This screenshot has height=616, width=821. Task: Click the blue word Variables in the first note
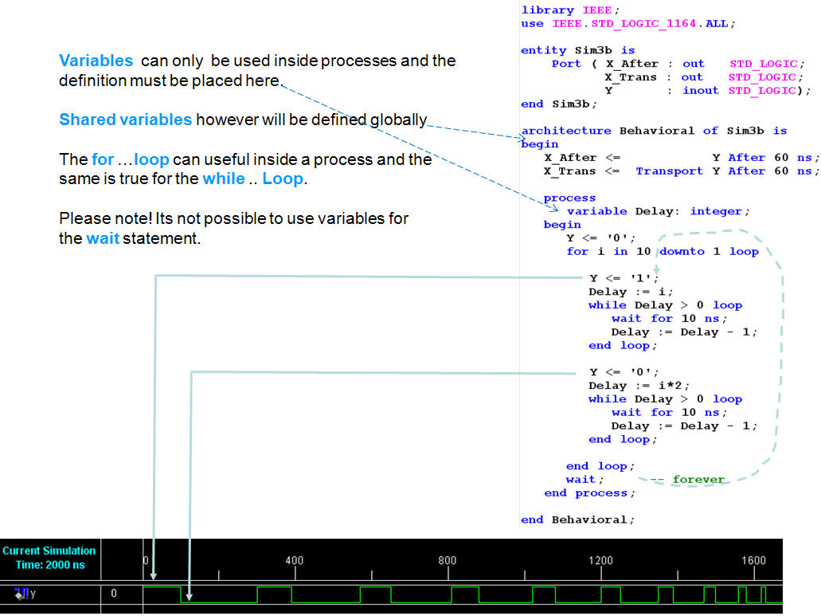click(x=96, y=61)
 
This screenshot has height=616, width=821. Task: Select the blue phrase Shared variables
click(x=126, y=120)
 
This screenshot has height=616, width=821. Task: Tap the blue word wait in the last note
click(x=103, y=238)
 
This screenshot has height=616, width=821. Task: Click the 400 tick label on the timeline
click(x=295, y=560)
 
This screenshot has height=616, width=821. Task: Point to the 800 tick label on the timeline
click(x=448, y=560)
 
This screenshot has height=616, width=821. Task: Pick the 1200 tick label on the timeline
click(x=600, y=560)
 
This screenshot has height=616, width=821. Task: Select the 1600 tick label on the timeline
click(x=753, y=560)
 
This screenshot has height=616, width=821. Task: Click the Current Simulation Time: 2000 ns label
click(x=49, y=558)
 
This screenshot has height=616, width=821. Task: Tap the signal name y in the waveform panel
click(x=33, y=594)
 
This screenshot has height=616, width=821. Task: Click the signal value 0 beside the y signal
click(x=114, y=594)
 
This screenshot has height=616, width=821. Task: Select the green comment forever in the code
click(x=698, y=479)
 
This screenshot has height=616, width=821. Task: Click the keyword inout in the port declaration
click(x=701, y=90)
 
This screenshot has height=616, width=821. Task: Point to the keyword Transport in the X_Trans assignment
click(x=669, y=171)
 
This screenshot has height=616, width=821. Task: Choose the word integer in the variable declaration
click(x=716, y=211)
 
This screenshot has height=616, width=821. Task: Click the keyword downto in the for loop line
click(x=682, y=252)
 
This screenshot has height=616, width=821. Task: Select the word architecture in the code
click(x=566, y=131)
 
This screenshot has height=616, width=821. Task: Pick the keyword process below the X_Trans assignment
click(x=569, y=198)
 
